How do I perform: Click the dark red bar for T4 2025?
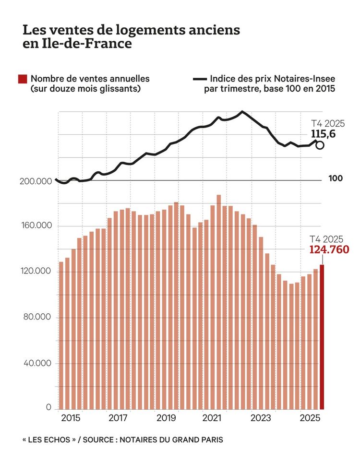[322, 336]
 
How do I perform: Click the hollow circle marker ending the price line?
[320, 145]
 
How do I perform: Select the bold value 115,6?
[320, 133]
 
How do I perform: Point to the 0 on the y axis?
[48, 407]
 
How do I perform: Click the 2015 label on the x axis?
[71, 418]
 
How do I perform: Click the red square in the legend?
[22, 79]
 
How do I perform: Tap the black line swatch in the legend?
[199, 79]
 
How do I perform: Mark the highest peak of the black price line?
[241, 112]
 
